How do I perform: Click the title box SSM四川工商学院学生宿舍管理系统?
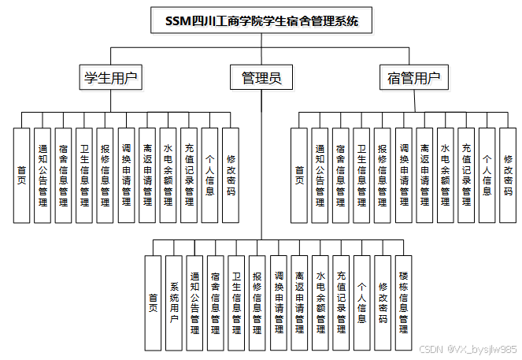coord(261,21)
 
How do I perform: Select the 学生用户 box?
coord(110,77)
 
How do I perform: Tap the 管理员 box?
coord(261,77)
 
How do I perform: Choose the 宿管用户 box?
coord(413,77)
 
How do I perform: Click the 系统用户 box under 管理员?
coord(174,303)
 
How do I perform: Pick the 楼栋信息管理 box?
coord(403,303)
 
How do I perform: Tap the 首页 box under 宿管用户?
coord(299,175)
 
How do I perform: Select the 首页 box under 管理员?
coord(153,303)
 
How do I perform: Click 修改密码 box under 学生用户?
coord(231,175)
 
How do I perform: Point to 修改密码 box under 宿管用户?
coord(508,175)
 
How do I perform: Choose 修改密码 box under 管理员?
coord(383,303)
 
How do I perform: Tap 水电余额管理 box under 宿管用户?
coord(446,175)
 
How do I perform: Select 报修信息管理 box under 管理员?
coord(257,303)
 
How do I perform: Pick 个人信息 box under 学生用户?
coord(209,175)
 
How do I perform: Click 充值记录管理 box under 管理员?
coord(341,303)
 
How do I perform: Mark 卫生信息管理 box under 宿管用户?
coord(361,175)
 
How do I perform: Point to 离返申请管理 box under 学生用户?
coord(147,175)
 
